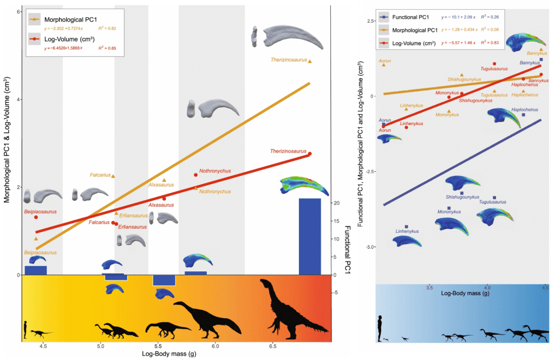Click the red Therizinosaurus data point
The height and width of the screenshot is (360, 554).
click(x=310, y=154)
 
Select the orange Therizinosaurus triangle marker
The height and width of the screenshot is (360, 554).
click(x=310, y=62)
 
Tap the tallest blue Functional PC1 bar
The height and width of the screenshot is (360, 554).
click(x=310, y=236)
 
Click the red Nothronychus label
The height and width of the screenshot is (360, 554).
click(x=215, y=171)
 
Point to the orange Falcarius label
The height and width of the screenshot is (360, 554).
click(x=100, y=175)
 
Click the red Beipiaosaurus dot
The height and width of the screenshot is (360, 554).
click(x=36, y=217)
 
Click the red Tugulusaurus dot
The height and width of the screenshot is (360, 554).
click(x=494, y=64)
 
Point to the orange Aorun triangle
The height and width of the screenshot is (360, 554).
click(x=383, y=64)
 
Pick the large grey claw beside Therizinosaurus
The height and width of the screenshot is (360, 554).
click(x=290, y=39)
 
